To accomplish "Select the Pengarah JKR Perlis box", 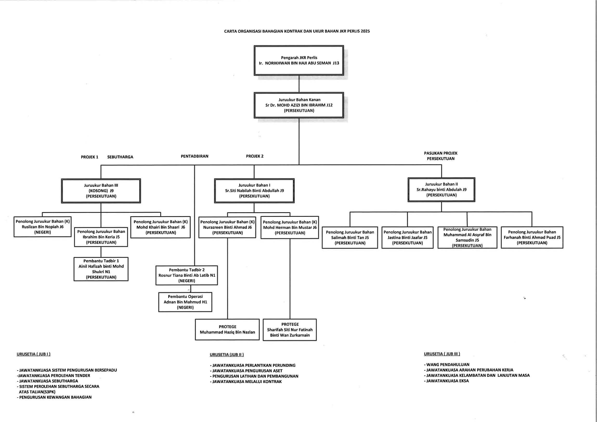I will (299, 60).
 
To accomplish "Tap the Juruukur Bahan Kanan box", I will (299, 105).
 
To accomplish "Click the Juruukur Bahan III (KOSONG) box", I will (101, 191).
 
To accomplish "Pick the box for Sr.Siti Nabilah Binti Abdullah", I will (254, 191).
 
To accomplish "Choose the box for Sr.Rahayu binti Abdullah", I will (441, 190).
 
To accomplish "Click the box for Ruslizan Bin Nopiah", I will (42, 227).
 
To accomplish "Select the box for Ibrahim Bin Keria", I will (101, 237).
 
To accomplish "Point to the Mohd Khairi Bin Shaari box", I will (160, 227).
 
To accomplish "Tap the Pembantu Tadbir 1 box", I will (101, 269).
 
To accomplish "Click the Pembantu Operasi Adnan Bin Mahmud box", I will (185, 302).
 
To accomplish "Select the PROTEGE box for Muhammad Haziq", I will (227, 330).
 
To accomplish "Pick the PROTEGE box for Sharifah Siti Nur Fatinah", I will (290, 330).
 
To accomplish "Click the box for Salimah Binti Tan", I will (350, 237).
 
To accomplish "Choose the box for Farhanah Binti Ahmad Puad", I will (532, 237).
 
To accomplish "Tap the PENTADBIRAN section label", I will (195, 156).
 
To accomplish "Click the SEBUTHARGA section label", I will (120, 157).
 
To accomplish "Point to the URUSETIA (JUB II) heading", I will (227, 354).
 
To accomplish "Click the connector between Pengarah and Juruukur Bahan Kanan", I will (299, 84).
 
